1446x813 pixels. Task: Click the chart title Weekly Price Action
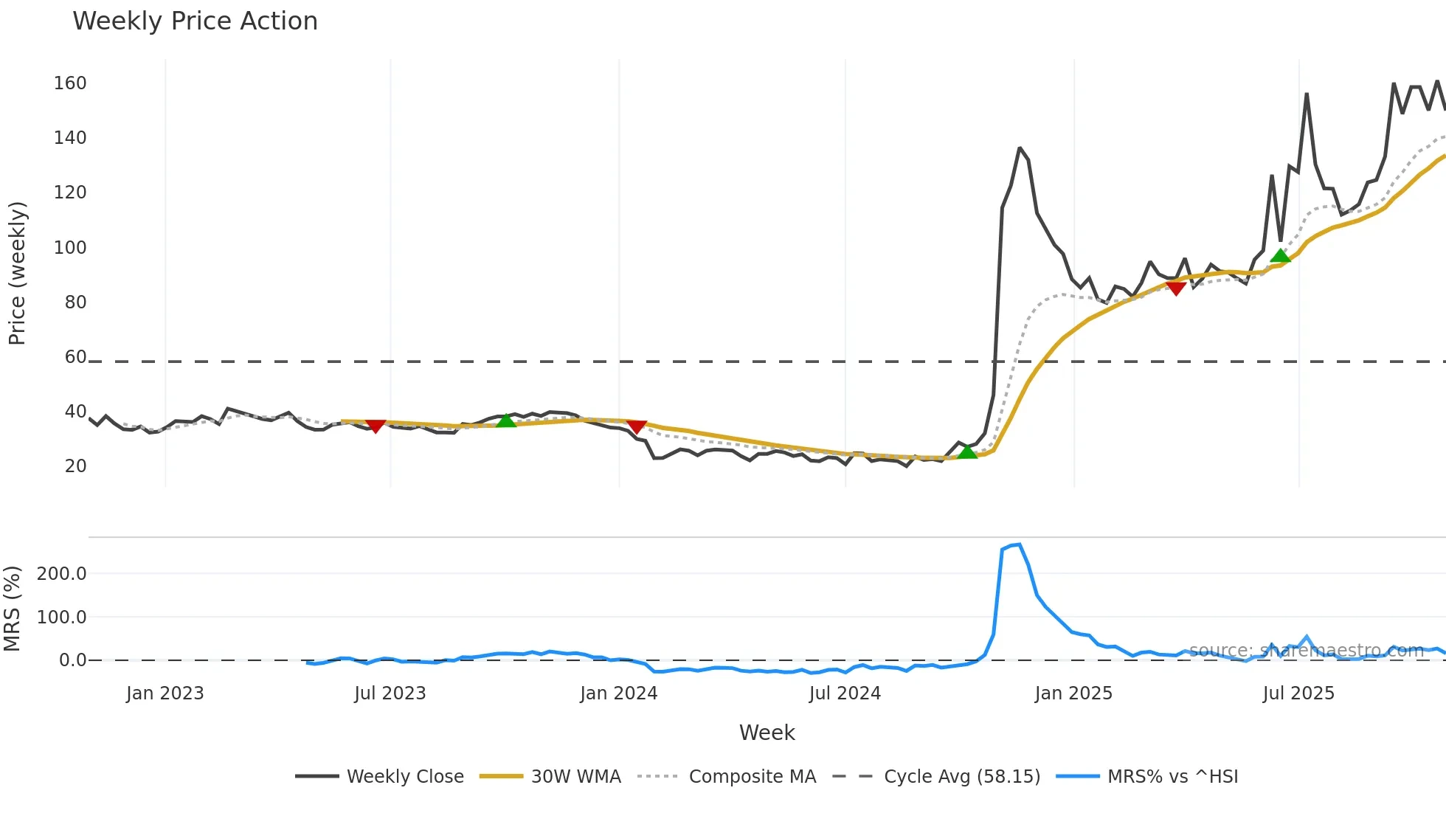pyautogui.click(x=195, y=21)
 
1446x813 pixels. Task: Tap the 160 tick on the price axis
pyautogui.click(x=70, y=83)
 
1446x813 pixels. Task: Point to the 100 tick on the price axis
pyautogui.click(x=70, y=248)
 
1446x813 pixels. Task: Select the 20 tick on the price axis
pyautogui.click(x=75, y=466)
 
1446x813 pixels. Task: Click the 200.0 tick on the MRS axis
pyautogui.click(x=62, y=574)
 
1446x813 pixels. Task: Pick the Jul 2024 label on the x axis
pyautogui.click(x=845, y=693)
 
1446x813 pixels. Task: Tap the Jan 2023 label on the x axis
pyautogui.click(x=165, y=693)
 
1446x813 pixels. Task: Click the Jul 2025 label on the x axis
pyautogui.click(x=1298, y=693)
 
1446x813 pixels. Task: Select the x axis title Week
pyautogui.click(x=767, y=733)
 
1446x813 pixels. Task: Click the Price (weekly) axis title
pyautogui.click(x=17, y=273)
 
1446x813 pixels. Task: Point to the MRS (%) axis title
pyautogui.click(x=13, y=609)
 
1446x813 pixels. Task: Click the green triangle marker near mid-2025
pyautogui.click(x=1280, y=256)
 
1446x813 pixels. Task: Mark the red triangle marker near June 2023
pyautogui.click(x=376, y=426)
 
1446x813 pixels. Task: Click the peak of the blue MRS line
pyautogui.click(x=1019, y=544)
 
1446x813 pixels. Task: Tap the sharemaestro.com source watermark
pyautogui.click(x=1306, y=650)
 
